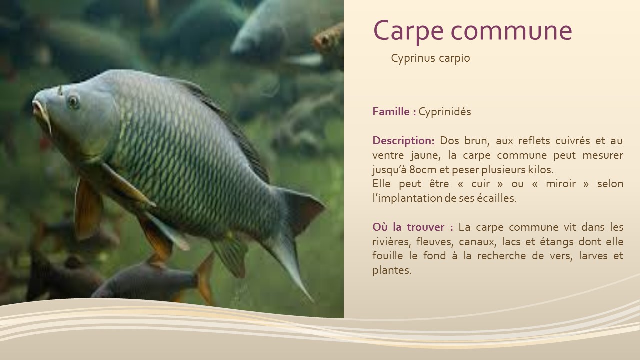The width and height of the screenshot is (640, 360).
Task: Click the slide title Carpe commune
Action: tap(473, 31)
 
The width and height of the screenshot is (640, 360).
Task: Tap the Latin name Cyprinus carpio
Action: tap(430, 58)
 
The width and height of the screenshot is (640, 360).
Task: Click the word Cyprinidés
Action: tap(445, 111)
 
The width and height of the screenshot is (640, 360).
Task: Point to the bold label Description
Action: tap(403, 141)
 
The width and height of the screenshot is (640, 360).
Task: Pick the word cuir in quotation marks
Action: tap(481, 184)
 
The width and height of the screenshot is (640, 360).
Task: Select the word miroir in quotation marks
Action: tap(561, 184)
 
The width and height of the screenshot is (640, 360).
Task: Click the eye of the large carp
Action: tap(73, 101)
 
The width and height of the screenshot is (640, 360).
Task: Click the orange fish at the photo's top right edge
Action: tap(329, 40)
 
